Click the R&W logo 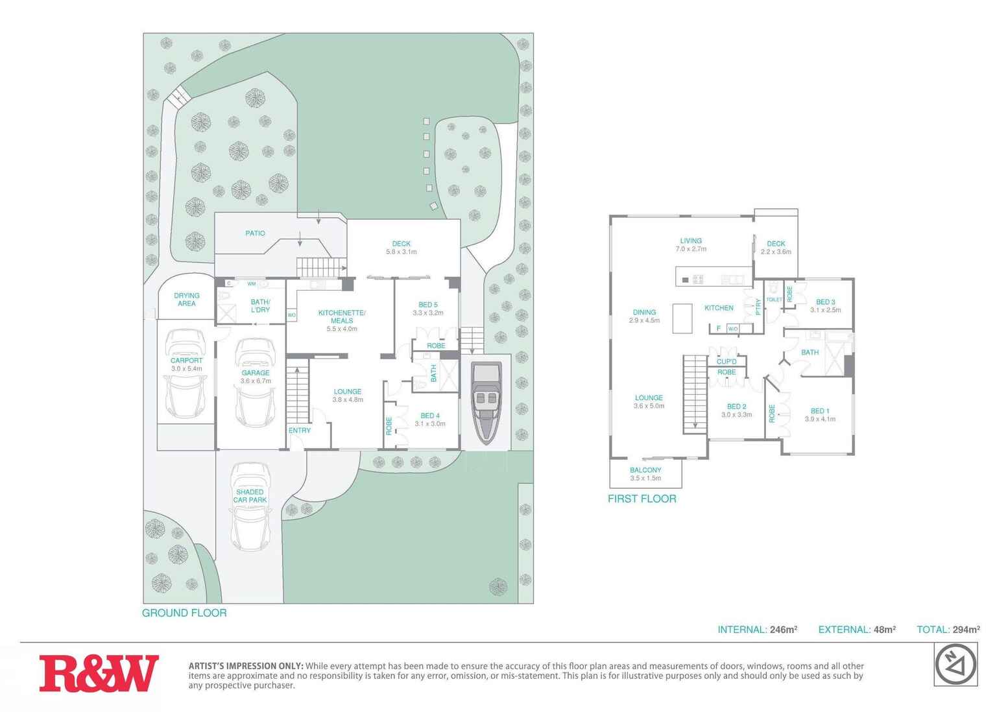[99, 673]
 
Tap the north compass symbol [955, 665]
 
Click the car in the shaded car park [250, 507]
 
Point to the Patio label [255, 233]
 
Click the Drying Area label [187, 300]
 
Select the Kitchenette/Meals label [342, 316]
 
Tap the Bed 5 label [427, 305]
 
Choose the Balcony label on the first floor [645, 470]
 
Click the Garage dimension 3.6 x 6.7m [256, 381]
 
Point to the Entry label [300, 431]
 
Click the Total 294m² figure [948, 630]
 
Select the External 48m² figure [857, 630]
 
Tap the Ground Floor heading [184, 613]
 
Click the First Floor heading [642, 499]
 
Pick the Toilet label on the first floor [774, 300]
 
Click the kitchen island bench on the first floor [682, 318]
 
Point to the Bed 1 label [820, 411]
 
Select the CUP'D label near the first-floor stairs [726, 362]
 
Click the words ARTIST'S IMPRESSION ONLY [246, 666]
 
